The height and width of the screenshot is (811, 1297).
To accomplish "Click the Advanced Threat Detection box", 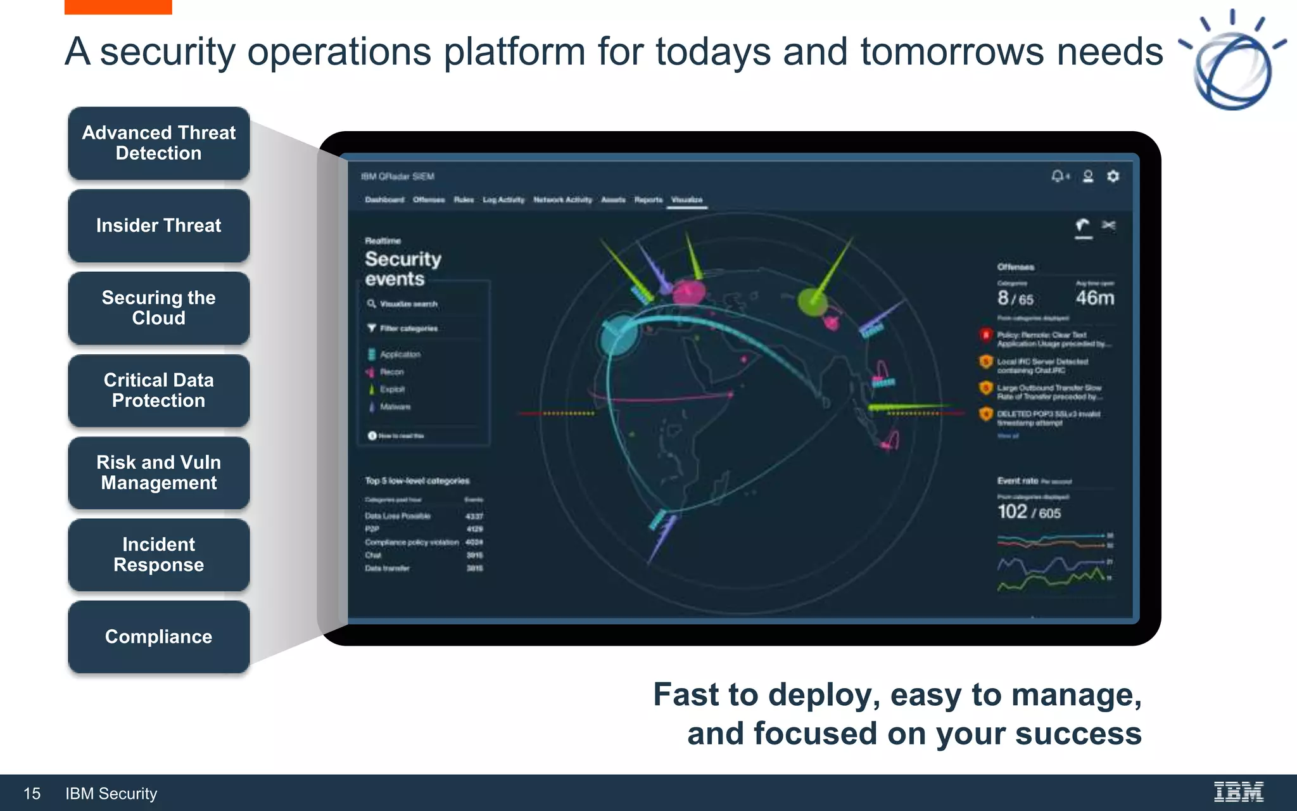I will (x=158, y=143).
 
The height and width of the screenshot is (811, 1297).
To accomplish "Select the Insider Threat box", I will (x=158, y=226).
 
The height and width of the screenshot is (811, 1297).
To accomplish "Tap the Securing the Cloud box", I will (x=158, y=308).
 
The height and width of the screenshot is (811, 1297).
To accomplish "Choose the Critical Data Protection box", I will (x=158, y=390).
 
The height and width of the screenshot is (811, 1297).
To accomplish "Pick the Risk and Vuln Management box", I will (x=158, y=473).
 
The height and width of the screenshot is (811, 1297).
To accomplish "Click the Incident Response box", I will (x=158, y=555).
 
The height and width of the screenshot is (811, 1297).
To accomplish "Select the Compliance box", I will (x=158, y=637).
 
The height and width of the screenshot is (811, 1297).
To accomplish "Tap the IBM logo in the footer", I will (x=1238, y=792).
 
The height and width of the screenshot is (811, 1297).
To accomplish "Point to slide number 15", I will (x=32, y=793).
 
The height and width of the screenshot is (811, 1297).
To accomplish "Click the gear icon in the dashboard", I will (x=1113, y=176).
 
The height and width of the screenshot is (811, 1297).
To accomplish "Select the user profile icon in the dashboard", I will (x=1088, y=176).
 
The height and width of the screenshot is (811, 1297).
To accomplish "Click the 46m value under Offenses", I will (x=1094, y=298).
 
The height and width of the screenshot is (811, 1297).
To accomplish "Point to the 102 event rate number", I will (x=1012, y=512).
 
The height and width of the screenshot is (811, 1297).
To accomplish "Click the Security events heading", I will (x=403, y=269).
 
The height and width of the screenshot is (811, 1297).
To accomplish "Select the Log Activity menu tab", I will (x=503, y=200).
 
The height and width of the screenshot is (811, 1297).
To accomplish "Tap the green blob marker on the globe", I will (x=811, y=302).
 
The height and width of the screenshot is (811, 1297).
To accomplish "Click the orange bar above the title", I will (x=118, y=6).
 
